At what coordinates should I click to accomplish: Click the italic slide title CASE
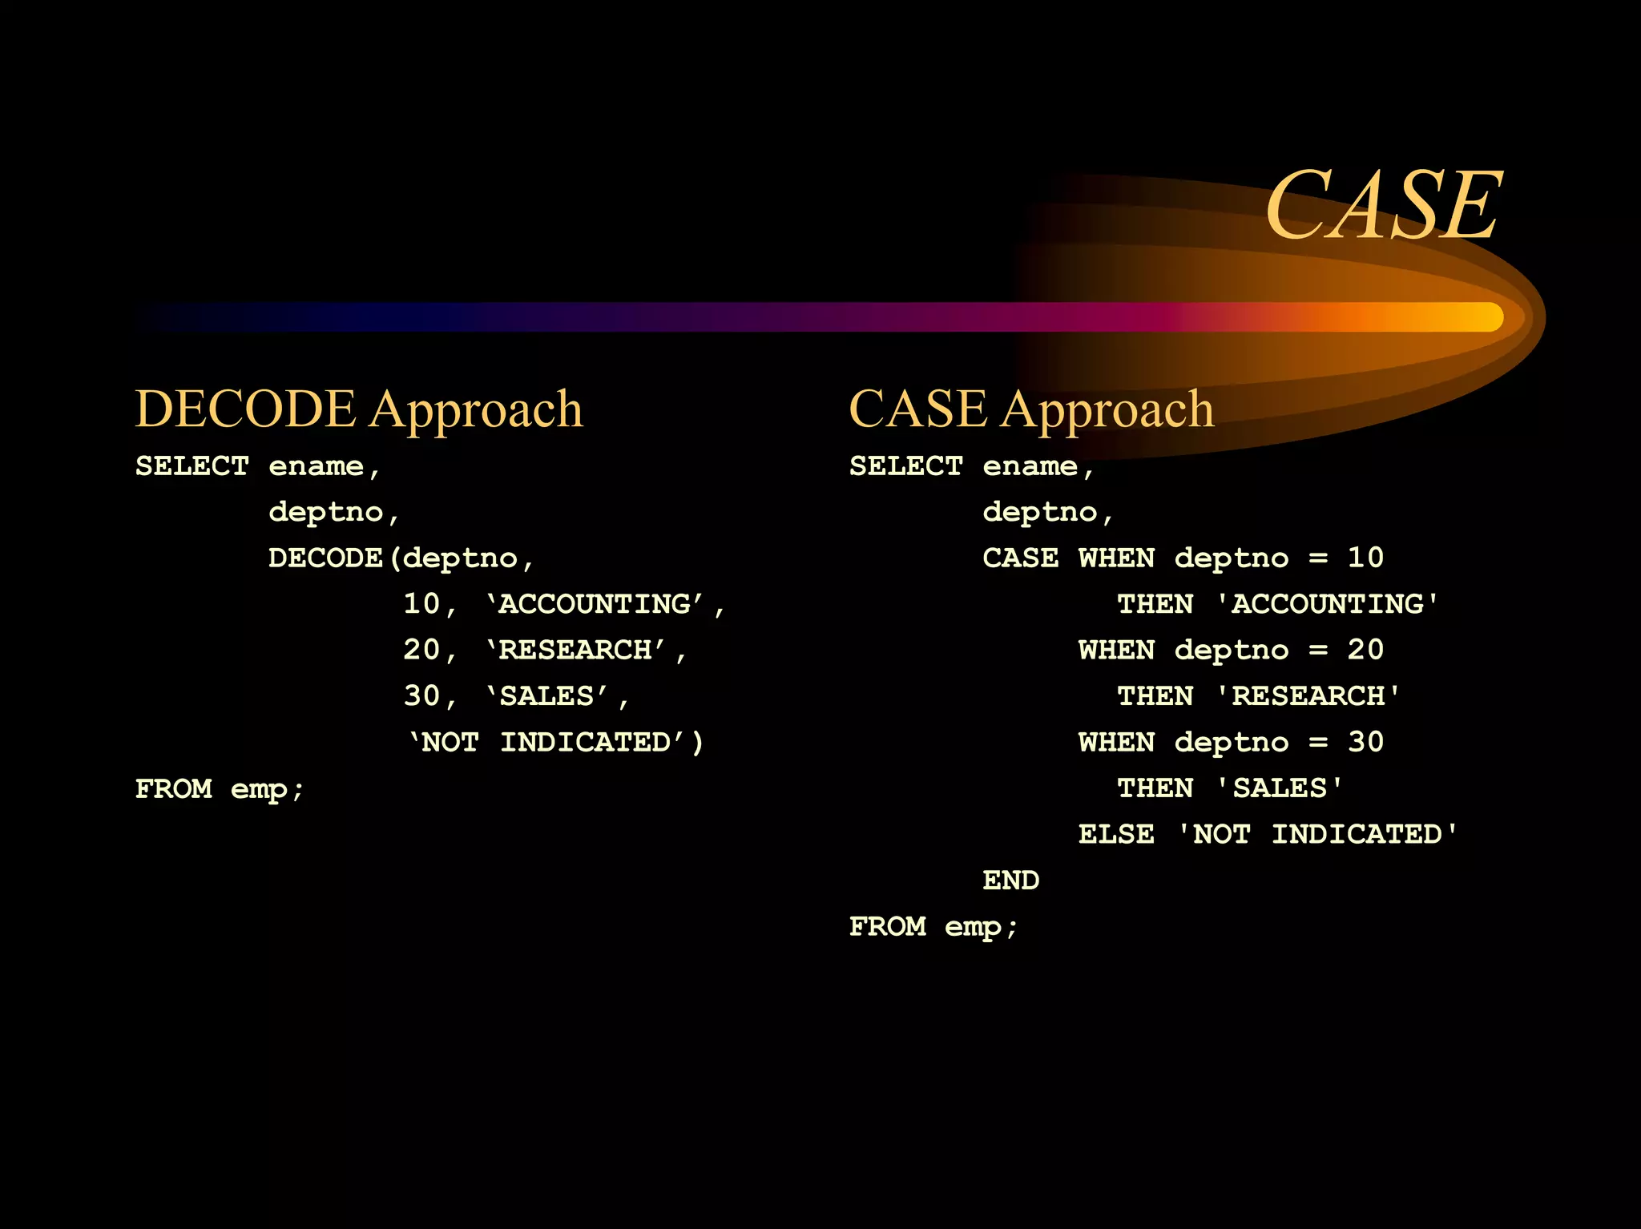(1383, 206)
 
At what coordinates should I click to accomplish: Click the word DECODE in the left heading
(245, 409)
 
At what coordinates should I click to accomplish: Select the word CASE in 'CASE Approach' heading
(917, 409)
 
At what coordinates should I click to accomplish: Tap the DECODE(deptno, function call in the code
(401, 558)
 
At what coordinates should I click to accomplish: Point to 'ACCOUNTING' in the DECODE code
(595, 604)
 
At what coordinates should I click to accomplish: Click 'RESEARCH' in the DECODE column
(575, 650)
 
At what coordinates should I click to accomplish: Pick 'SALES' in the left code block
(546, 696)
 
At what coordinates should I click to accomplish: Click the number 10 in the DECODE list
(421, 604)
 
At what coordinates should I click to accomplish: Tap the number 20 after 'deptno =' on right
(1365, 650)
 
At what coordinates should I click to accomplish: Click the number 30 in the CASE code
(1365, 742)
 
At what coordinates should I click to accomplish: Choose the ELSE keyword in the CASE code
(1115, 835)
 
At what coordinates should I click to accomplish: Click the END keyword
(1010, 880)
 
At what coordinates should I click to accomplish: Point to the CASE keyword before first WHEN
(1020, 558)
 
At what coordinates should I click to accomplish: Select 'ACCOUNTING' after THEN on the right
(1328, 604)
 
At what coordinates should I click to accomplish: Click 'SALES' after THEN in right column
(1280, 788)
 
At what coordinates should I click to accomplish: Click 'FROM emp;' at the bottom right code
(933, 927)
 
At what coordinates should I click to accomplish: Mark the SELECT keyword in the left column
(192, 466)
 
